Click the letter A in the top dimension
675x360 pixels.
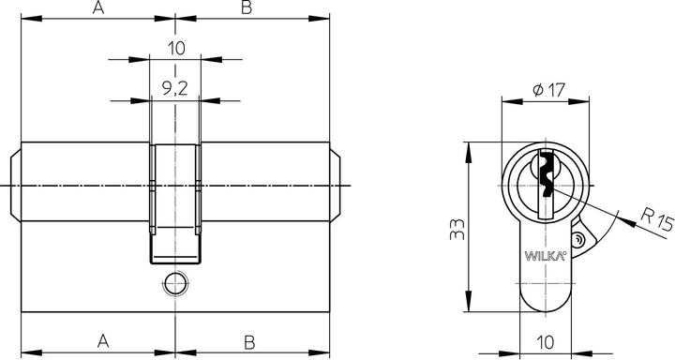(97, 8)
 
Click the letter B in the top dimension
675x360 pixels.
(247, 8)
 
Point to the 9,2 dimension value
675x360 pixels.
(174, 91)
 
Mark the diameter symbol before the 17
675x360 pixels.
(537, 91)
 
